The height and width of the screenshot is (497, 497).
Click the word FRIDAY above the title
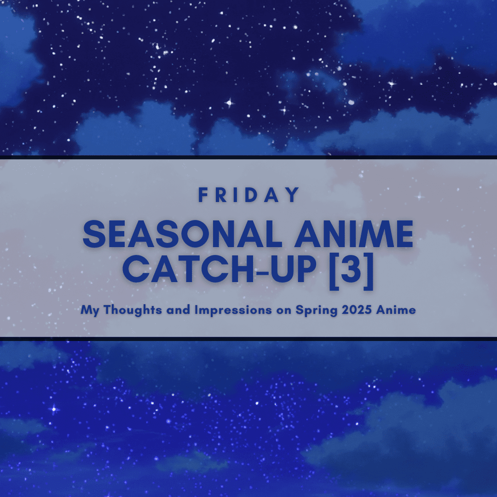coord(248,195)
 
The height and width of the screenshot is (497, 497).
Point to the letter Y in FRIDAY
coord(293,195)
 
